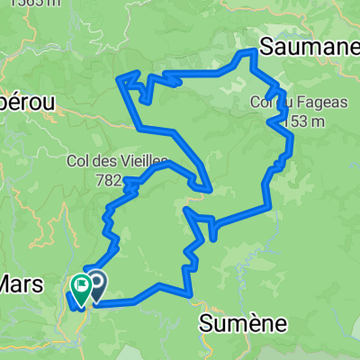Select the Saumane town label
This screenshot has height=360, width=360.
(308, 46)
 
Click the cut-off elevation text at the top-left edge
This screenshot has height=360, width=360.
(18, 4)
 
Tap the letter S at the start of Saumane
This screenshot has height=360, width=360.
(267, 46)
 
